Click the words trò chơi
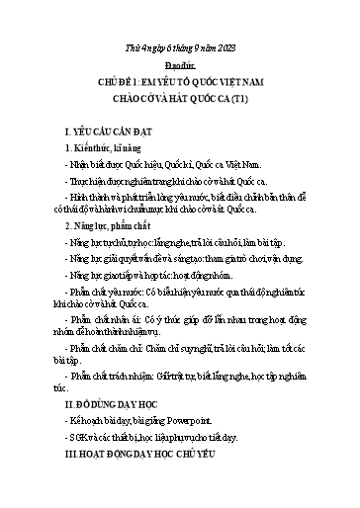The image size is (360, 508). [x=247, y=254]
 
